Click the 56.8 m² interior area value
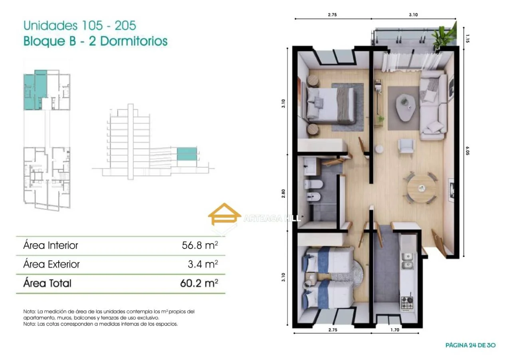(200, 245)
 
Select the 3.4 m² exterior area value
(203, 264)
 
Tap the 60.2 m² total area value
(199, 283)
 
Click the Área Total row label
(47, 283)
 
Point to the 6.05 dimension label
(467, 151)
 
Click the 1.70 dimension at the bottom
(395, 330)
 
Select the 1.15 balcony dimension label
(467, 39)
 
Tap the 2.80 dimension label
(283, 193)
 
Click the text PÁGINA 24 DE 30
(470, 345)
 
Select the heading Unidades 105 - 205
(80, 25)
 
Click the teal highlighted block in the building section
(187, 154)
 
